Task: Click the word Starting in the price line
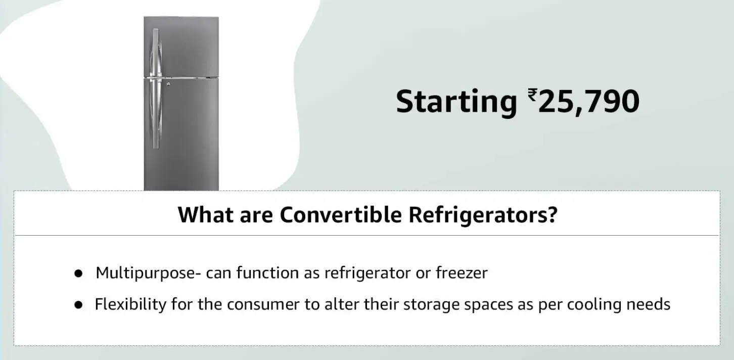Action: tap(456, 102)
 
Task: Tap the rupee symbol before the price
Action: tap(532, 95)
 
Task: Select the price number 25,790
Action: tap(589, 102)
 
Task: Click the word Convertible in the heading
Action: tap(341, 215)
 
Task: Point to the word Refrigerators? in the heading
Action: tap(483, 216)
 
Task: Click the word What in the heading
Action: tap(206, 215)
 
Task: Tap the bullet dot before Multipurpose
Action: tap(78, 274)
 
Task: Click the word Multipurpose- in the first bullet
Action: tap(149, 274)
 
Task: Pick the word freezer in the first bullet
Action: tap(462, 273)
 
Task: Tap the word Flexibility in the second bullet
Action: tap(130, 304)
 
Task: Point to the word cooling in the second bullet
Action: tap(594, 305)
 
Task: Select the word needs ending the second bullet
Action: tap(649, 304)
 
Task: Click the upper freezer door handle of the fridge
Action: tap(156, 53)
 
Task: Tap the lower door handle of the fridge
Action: tap(156, 113)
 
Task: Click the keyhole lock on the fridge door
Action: tap(168, 84)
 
